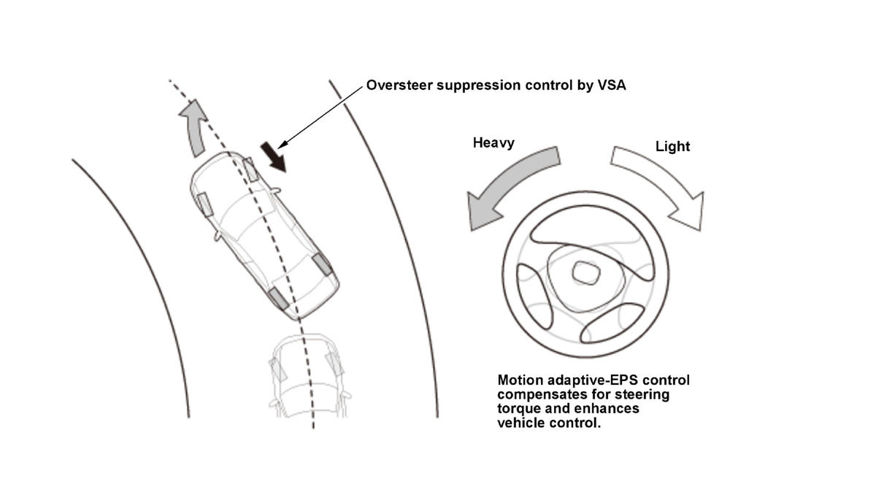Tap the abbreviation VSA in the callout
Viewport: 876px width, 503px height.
pyautogui.click(x=612, y=85)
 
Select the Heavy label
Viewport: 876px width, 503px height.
pyautogui.click(x=493, y=142)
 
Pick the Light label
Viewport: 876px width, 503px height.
pyautogui.click(x=672, y=146)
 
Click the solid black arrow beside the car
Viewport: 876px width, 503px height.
pyautogui.click(x=274, y=157)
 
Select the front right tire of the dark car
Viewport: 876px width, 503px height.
pyautogui.click(x=250, y=169)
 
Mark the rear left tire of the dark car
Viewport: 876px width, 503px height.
pyautogui.click(x=278, y=298)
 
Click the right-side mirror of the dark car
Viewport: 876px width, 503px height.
pyautogui.click(x=277, y=191)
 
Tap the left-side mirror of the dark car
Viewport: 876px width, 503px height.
pyautogui.click(x=217, y=236)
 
